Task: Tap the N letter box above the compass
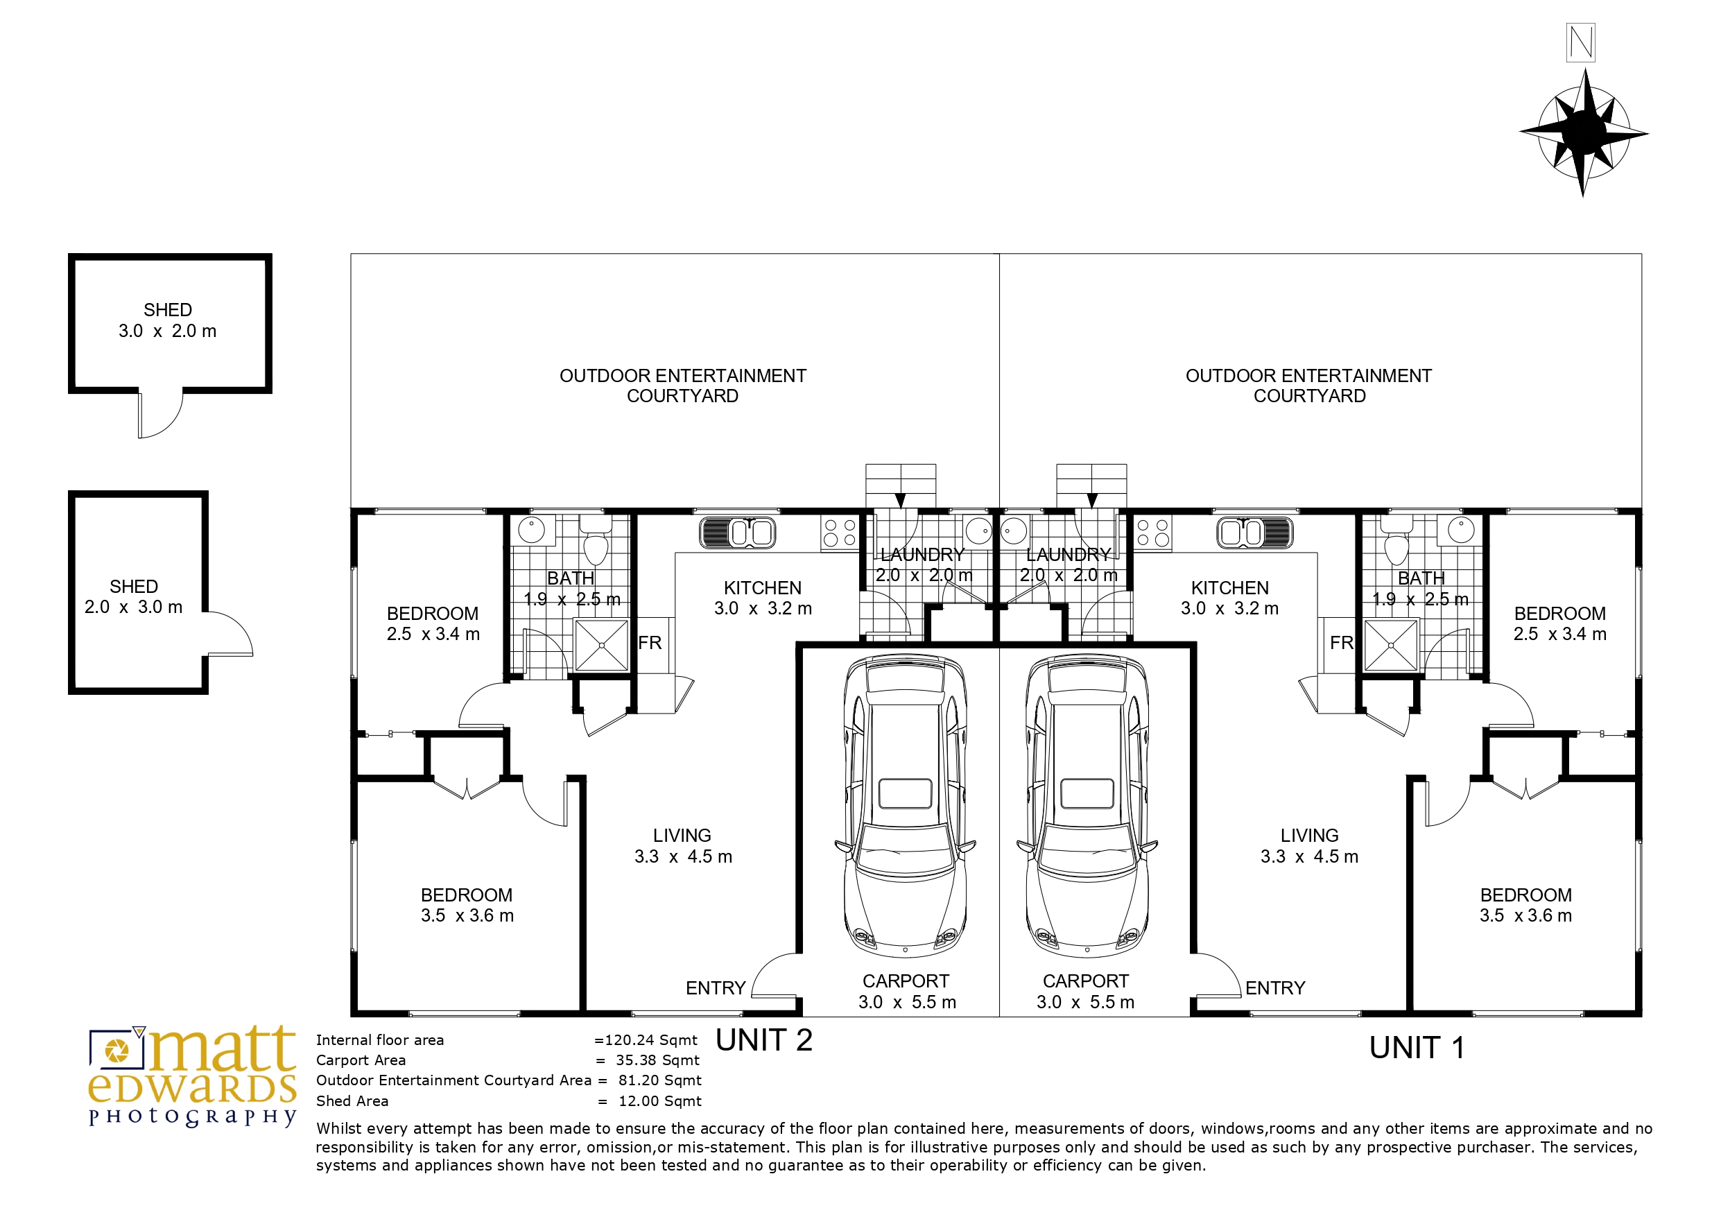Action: [x=1581, y=43]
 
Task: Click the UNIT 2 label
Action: [x=764, y=1040]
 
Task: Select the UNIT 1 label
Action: [x=1417, y=1048]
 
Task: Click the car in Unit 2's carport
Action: [x=906, y=806]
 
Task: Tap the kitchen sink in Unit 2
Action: [x=738, y=533]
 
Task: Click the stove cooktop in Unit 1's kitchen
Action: [x=1153, y=533]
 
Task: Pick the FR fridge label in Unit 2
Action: [x=650, y=643]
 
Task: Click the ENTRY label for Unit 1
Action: [x=1275, y=988]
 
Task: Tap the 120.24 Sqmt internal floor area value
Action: [x=650, y=1040]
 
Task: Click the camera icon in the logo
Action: [x=116, y=1049]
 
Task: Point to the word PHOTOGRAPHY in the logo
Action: [x=193, y=1117]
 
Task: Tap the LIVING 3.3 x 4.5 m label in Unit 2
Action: [x=683, y=846]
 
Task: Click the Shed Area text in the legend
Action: [x=352, y=1101]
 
